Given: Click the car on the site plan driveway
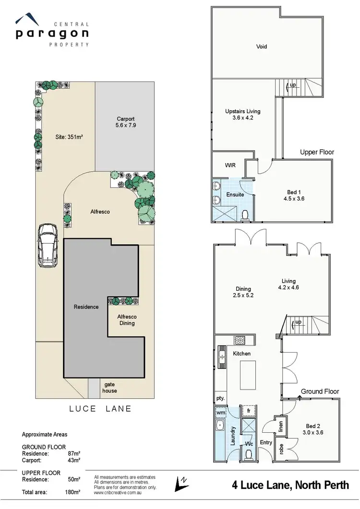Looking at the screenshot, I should coord(48,246).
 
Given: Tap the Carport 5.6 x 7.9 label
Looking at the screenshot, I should coord(126,122).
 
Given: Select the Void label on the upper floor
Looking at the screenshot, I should coord(261,47).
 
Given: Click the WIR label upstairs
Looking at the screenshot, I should coord(230,165).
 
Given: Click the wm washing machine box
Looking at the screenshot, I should coord(221,412).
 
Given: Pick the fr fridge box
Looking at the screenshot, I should coord(249,411).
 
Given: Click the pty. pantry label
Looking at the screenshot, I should coord(220,398).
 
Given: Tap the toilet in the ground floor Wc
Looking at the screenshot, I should coord(249,455).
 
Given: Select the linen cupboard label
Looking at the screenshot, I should coord(281,426).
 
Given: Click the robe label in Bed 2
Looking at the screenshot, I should coord(281,450).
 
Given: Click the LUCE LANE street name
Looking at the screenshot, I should coord(100,409).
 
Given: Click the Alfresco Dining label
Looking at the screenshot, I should coord(127,320).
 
